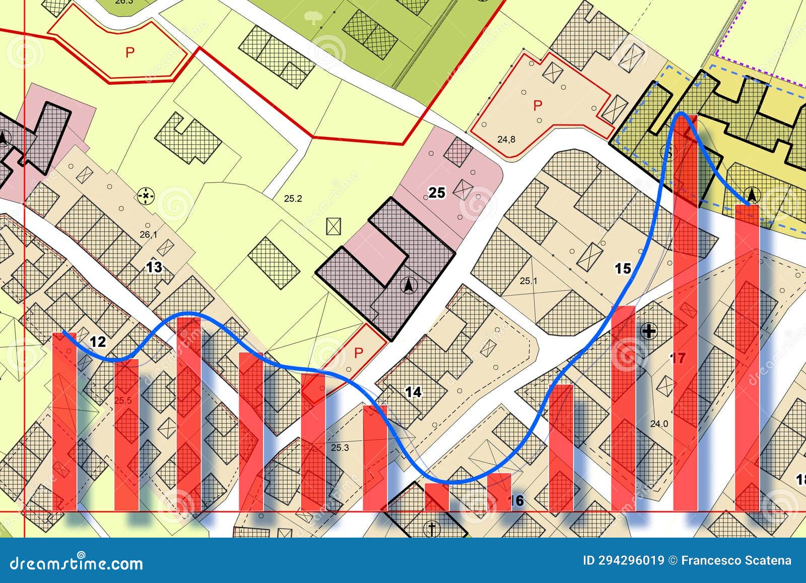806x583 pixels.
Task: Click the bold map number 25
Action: click(437, 193)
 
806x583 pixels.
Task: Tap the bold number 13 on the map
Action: click(154, 267)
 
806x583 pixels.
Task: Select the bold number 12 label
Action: click(98, 342)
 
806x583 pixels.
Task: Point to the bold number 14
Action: click(413, 392)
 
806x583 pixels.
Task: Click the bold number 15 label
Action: click(623, 268)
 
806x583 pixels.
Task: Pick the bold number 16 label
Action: click(516, 500)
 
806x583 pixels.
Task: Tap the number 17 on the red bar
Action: click(679, 358)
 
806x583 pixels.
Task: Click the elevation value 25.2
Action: click(293, 199)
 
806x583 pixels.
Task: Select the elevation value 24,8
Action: click(506, 140)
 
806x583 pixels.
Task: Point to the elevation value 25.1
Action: click(528, 281)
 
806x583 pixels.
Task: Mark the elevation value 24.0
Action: click(659, 424)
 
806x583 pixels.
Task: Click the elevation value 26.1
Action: click(148, 235)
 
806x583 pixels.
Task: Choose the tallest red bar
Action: click(686, 313)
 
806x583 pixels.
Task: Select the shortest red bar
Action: click(437, 497)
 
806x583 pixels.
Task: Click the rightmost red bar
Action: click(747, 358)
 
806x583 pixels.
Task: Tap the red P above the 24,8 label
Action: click(538, 105)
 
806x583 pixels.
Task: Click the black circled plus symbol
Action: click(649, 331)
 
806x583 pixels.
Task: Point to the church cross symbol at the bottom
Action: click(431, 529)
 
